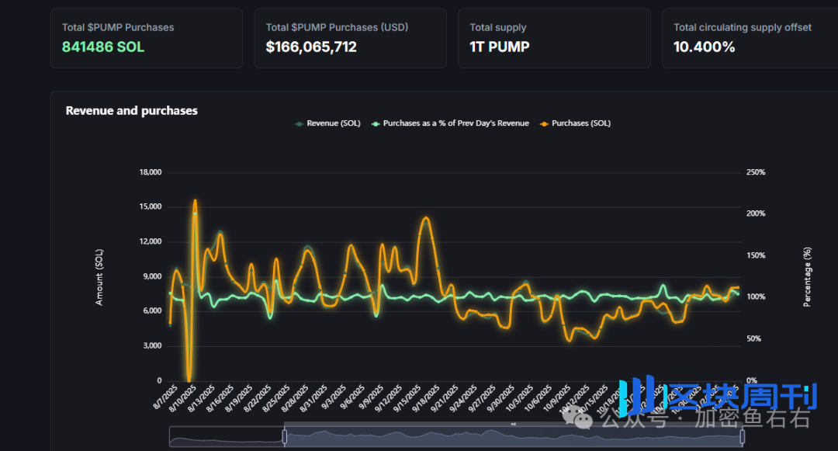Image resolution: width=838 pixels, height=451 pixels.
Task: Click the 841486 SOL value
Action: click(x=103, y=47)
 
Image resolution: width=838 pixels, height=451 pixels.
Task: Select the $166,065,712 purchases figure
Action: click(x=311, y=47)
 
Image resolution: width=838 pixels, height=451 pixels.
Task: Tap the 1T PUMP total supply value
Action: click(x=500, y=47)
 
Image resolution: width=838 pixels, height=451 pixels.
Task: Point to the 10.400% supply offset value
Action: click(x=704, y=47)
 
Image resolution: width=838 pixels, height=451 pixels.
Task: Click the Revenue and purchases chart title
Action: click(x=131, y=110)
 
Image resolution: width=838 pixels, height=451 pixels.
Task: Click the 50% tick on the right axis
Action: click(x=757, y=339)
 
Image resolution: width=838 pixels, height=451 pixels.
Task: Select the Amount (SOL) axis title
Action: click(x=99, y=277)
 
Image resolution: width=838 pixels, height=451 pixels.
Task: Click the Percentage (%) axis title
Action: click(x=807, y=277)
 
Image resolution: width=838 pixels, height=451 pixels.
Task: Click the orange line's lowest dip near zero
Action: click(x=189, y=377)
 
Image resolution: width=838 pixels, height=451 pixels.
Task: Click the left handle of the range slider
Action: click(x=285, y=437)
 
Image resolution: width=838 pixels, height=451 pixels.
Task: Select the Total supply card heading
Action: click(x=497, y=27)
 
